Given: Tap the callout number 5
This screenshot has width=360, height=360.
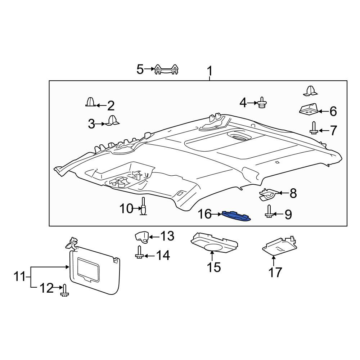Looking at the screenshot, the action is [x=140, y=69].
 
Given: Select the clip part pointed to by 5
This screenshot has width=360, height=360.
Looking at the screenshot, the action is [x=167, y=69].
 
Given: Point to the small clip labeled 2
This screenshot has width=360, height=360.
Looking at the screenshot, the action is [x=91, y=102].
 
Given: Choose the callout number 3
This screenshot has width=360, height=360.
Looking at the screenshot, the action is [x=91, y=124].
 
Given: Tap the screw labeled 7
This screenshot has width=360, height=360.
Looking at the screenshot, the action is [x=314, y=128].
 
